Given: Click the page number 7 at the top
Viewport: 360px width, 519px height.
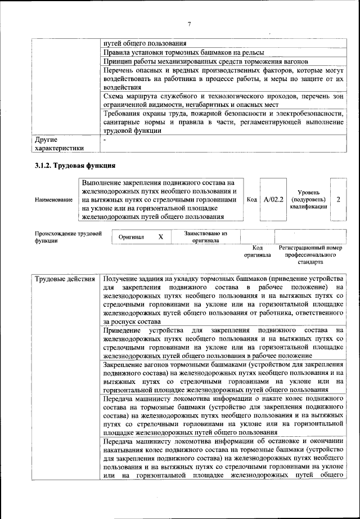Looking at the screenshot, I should pos(190,23).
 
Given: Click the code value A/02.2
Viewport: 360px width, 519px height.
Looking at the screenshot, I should pos(274,199).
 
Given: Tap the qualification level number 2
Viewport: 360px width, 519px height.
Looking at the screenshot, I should pos(337,199).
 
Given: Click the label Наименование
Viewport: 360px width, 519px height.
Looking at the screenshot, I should pos(53,200).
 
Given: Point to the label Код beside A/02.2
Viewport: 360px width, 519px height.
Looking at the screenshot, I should pos(252,199).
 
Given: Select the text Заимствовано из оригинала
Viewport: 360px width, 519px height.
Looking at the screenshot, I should pos(205,236).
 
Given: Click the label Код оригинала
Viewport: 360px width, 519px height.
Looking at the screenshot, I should pos(258,251).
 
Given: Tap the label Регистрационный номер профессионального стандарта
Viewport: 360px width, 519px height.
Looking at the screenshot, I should pos(310,254).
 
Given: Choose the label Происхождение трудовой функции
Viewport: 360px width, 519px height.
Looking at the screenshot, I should pos(67,236).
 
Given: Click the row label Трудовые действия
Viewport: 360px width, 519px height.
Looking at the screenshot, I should pos(64,280).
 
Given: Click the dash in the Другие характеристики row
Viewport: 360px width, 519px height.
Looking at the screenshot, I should pos(105,138).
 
